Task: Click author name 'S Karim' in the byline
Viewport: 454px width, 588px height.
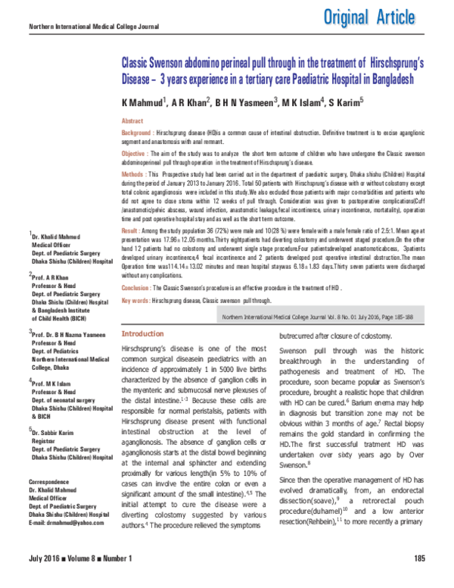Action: pos(346,102)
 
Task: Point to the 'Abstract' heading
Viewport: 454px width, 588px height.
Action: pos(132,121)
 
